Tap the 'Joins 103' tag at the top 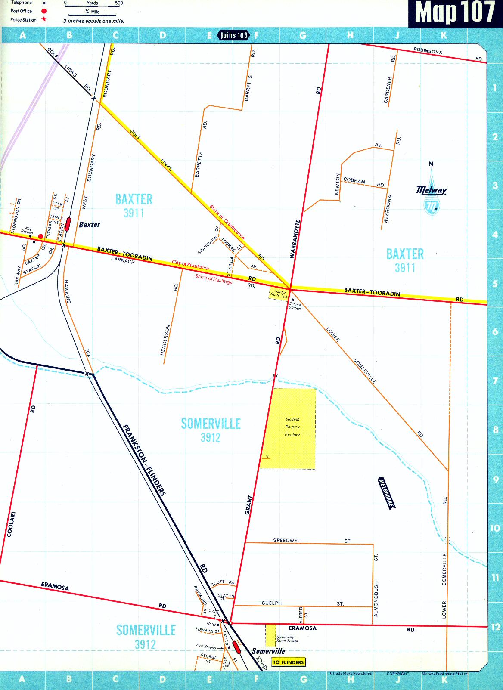[x=234, y=35]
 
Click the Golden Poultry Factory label [x=292, y=427]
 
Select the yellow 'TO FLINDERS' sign [x=288, y=662]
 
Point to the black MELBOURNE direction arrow [x=386, y=493]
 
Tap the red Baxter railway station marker [x=68, y=224]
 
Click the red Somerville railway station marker [x=236, y=647]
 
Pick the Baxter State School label [x=279, y=294]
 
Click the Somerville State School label [x=287, y=639]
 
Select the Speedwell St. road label [x=288, y=540]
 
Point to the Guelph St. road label [x=271, y=603]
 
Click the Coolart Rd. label [x=11, y=523]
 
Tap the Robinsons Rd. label [x=428, y=51]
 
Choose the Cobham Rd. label [x=354, y=181]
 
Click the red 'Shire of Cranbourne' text [x=227, y=222]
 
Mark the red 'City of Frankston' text [x=190, y=265]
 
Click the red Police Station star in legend [x=44, y=19]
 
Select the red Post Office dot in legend [x=44, y=11]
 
